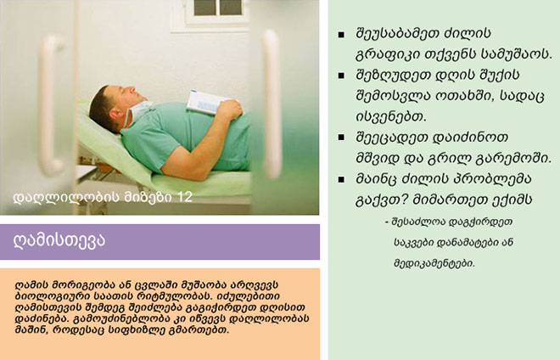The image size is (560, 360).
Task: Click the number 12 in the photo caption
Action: pos(185,197)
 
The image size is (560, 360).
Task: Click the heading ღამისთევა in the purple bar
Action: pos(59,240)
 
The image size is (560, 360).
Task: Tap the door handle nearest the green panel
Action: pos(272,104)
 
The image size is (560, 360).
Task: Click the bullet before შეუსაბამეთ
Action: pos(341,35)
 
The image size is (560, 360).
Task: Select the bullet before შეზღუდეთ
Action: pos(341,76)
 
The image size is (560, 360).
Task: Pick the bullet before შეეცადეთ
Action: pos(341,138)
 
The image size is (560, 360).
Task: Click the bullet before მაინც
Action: pos(341,179)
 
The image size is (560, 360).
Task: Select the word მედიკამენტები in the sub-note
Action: pos(434,263)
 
